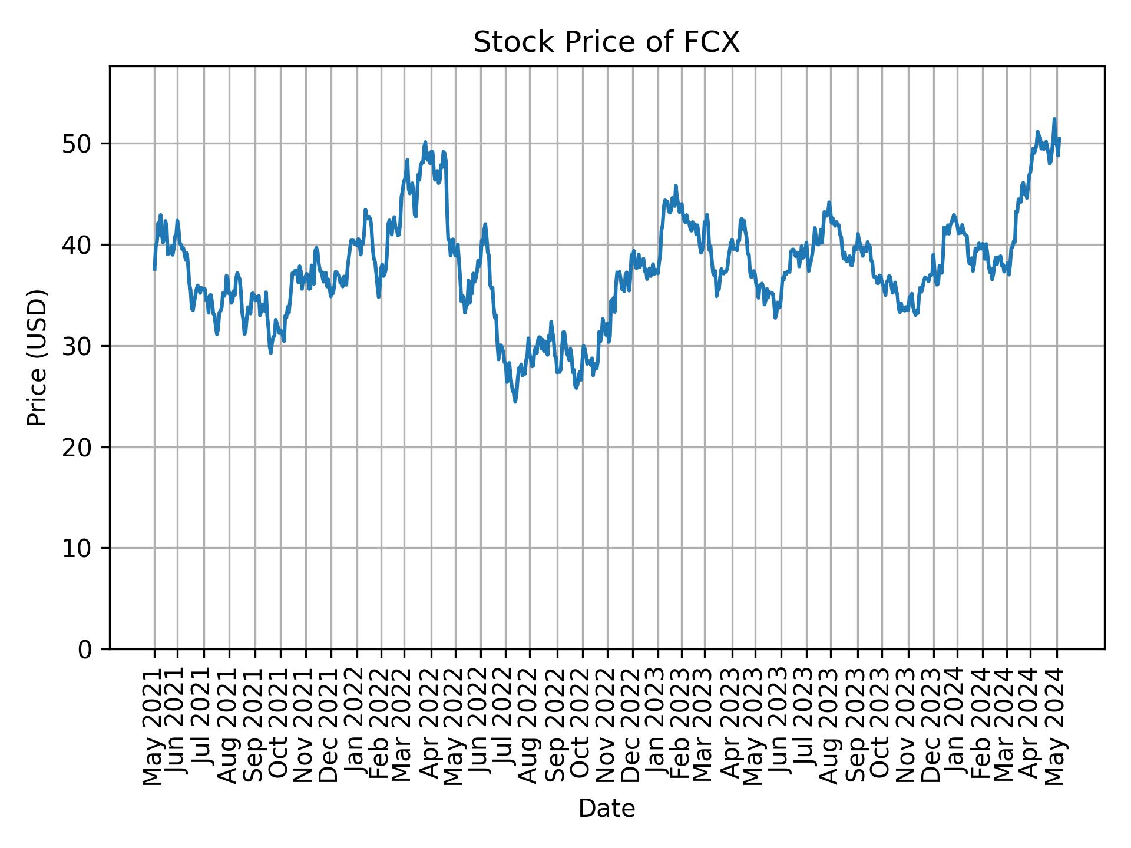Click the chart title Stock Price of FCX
point(606,43)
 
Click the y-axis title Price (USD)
point(37,357)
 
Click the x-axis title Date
point(606,809)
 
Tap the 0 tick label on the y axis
point(85,649)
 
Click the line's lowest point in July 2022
point(515,402)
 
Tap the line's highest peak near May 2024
point(1054,119)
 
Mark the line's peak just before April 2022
point(425,142)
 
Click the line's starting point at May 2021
point(154,270)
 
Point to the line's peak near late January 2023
point(676,185)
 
